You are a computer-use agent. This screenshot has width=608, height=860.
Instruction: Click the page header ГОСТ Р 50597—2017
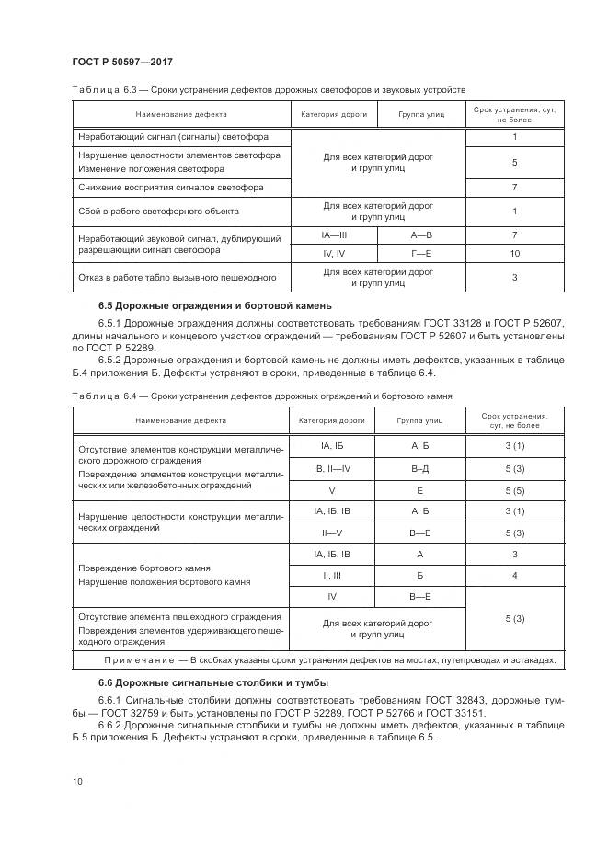coord(122,62)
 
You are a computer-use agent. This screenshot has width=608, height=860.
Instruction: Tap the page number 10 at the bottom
coord(77,781)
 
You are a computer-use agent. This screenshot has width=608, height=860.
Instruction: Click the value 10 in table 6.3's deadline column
coord(514,252)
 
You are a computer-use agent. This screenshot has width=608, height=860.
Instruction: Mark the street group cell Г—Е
coord(421,252)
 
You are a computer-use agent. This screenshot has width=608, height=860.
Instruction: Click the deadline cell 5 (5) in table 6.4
coord(514,491)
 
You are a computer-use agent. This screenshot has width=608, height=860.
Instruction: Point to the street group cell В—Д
coord(421,468)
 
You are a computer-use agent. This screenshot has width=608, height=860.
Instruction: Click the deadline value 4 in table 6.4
coord(514,574)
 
